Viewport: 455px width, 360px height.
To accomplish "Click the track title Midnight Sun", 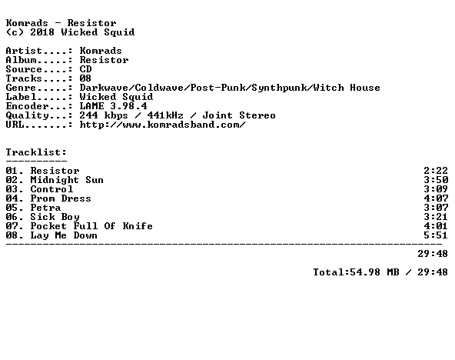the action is (x=67, y=180).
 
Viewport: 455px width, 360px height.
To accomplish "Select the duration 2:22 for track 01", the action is (x=436, y=171).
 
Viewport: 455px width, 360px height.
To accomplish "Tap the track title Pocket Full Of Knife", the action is (x=91, y=226).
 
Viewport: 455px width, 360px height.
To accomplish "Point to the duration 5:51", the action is (x=436, y=235).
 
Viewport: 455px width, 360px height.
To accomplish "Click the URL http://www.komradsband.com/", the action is (x=162, y=125).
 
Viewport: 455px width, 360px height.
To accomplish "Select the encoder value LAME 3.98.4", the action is (x=114, y=106).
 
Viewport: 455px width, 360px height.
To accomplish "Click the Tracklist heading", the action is (x=36, y=152).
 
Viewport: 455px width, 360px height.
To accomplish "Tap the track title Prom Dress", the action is (x=61, y=198).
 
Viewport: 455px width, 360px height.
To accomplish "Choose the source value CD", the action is (x=85, y=69).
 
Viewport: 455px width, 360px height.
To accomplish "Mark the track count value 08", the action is (x=85, y=78).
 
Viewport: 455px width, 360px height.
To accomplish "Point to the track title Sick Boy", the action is (x=55, y=217).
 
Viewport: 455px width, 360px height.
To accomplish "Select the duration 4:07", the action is (x=436, y=198).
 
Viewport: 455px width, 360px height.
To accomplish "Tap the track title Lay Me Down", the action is (x=64, y=235).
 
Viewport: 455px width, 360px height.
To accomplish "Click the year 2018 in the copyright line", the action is (x=42, y=32).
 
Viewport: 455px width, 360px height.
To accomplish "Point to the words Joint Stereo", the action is (x=239, y=115).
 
